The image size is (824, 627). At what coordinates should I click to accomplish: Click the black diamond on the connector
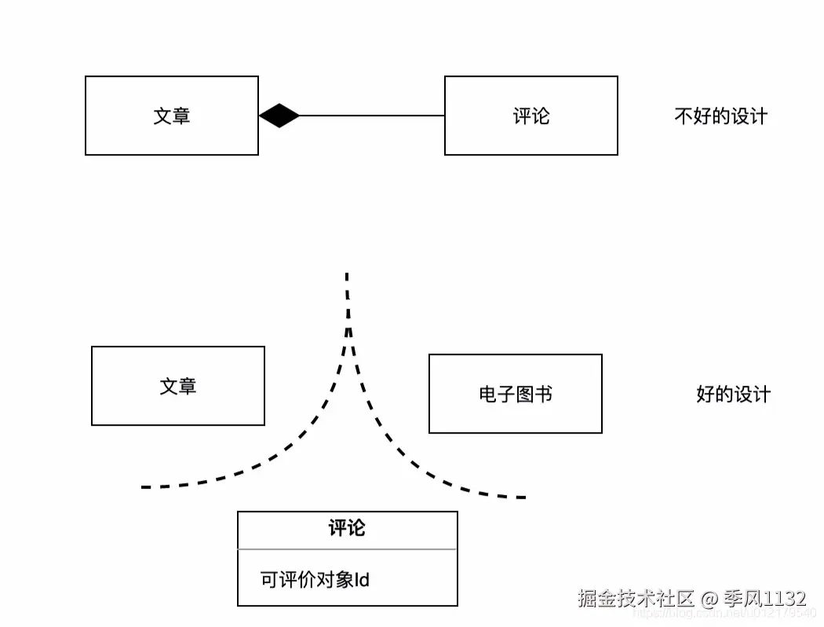point(279,116)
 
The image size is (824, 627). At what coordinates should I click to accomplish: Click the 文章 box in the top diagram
point(171,115)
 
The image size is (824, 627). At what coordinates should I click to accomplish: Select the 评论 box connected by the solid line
point(530,115)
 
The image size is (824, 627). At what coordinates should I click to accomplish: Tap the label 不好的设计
point(720,116)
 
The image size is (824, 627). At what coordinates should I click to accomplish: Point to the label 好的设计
point(733,394)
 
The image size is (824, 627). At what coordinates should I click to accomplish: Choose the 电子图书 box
point(515,394)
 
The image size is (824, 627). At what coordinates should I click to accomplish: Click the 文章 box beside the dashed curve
point(177,386)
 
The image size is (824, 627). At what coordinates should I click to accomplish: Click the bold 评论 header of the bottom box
point(347,529)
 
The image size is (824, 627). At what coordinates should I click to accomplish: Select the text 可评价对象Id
point(315,581)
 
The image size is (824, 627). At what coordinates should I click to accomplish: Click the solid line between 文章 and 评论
point(372,116)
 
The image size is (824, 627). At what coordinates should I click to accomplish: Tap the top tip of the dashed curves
point(347,276)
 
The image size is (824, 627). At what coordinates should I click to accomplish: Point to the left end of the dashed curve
point(144,487)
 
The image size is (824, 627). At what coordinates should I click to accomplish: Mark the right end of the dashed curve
point(522,497)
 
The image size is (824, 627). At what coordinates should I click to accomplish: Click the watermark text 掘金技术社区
point(636,599)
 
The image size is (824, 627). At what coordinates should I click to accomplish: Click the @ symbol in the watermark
point(709,599)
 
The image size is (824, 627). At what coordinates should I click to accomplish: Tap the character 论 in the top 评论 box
point(541,116)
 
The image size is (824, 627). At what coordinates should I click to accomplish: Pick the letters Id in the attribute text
point(362,581)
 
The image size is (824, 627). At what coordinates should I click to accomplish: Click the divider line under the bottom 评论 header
point(347,548)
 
